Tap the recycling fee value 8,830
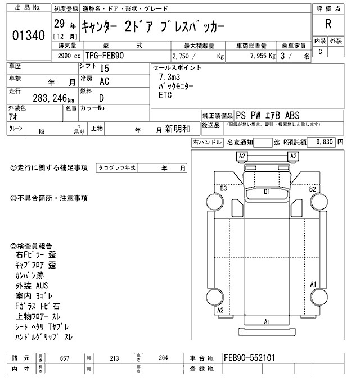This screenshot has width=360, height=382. click(325, 143)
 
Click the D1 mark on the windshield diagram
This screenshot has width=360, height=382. click(268, 192)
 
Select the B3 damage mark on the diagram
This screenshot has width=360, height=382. click(223, 189)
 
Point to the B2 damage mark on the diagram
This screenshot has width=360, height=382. click(313, 189)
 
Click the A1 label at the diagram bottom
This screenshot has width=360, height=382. click(268, 321)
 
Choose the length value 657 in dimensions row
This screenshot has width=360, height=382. click(64, 357)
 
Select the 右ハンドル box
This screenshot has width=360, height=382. click(208, 143)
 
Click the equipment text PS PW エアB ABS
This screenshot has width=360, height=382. click(262, 115)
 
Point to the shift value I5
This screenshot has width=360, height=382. click(104, 68)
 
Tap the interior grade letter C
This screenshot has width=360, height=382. click(321, 52)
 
